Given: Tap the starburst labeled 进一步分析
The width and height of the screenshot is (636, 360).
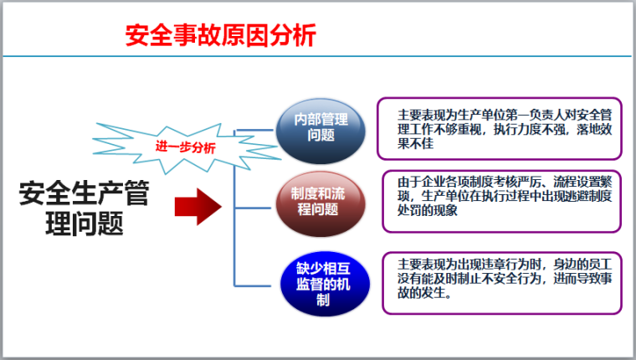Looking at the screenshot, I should [186, 147].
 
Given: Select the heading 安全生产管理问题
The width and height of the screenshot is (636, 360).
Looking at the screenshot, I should [83, 208].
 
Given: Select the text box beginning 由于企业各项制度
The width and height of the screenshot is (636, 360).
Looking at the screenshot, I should [500, 200].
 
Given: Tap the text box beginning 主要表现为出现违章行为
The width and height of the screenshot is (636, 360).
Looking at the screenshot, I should [500, 281].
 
